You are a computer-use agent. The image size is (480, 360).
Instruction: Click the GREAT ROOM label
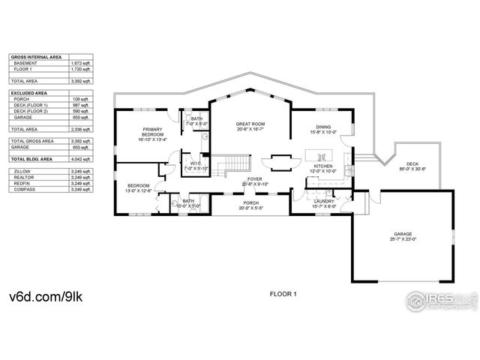click(x=250, y=123)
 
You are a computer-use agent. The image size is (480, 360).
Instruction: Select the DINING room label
click(x=323, y=127)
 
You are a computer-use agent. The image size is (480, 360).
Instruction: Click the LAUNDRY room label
click(x=324, y=201)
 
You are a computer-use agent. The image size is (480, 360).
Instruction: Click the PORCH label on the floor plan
click(x=250, y=203)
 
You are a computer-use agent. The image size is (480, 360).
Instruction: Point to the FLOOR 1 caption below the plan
click(x=283, y=294)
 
